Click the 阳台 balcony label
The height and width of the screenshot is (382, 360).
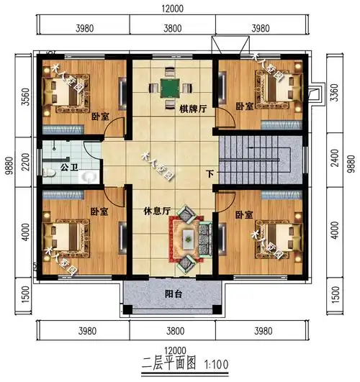[x=173, y=294]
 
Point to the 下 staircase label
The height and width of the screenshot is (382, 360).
[x=210, y=173]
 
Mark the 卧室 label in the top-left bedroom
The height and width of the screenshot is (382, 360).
[x=99, y=117]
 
